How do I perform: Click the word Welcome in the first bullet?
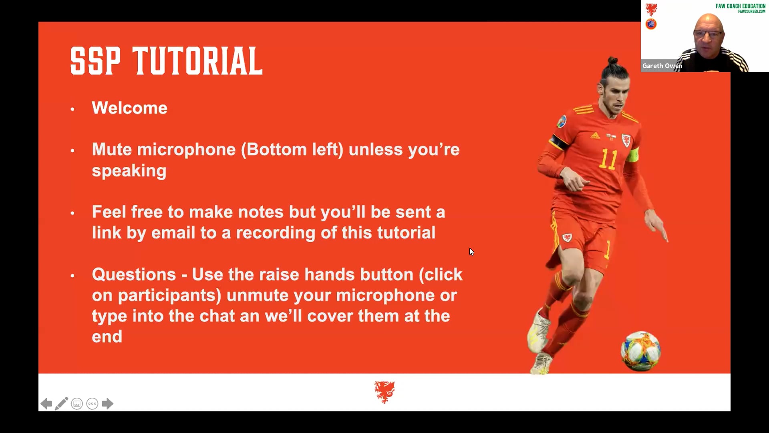[129, 108]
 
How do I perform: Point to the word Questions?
[134, 275]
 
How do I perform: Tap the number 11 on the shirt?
[608, 160]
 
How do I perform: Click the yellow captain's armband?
[633, 155]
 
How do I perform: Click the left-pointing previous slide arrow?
[46, 404]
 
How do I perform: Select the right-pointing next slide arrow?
[107, 404]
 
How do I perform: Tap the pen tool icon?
[62, 404]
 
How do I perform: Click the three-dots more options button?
[92, 404]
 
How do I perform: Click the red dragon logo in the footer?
[384, 392]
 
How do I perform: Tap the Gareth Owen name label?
[662, 66]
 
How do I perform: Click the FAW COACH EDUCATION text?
[740, 6]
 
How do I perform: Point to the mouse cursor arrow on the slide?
[471, 251]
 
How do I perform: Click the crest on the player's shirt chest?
[626, 140]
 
